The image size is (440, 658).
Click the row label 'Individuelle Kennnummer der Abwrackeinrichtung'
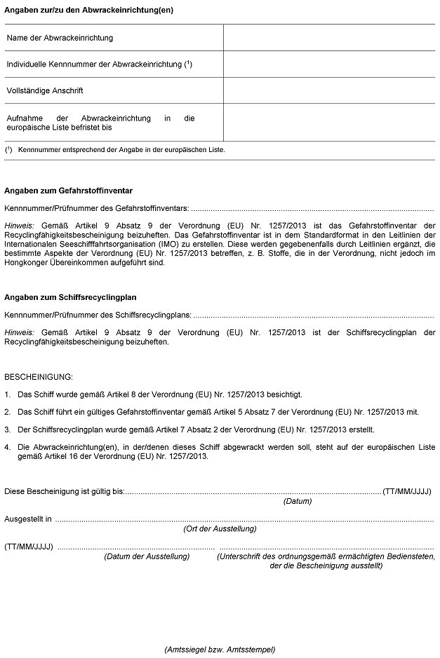tap(99, 64)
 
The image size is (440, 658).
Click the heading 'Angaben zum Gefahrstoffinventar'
tap(69, 191)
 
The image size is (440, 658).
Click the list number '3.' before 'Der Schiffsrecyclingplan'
tap(7, 427)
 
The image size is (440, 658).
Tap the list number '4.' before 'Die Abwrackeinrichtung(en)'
tap(7, 446)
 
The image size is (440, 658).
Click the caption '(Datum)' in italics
tap(298, 502)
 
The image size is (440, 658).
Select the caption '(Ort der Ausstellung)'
tap(220, 529)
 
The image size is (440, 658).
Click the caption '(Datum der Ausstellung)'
tap(147, 556)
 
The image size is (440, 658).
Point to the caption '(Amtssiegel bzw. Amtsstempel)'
tap(220, 649)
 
